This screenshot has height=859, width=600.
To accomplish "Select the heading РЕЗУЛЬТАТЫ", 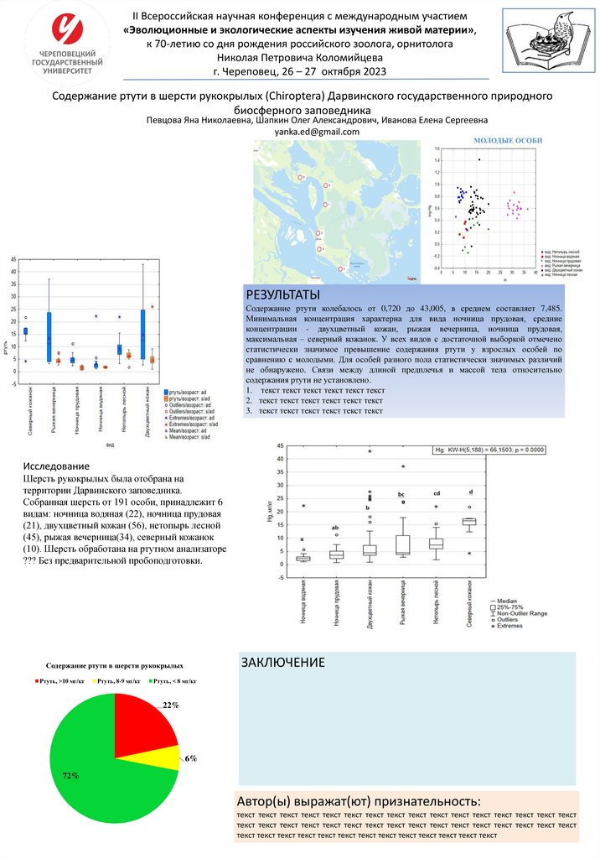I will [x=282, y=295].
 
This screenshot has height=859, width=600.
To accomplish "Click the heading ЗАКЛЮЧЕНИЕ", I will [x=284, y=663].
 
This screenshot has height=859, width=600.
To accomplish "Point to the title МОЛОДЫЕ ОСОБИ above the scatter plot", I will [x=508, y=140].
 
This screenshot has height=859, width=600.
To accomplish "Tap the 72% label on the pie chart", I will [x=71, y=775].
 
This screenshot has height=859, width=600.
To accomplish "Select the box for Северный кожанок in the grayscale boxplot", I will [x=469, y=521].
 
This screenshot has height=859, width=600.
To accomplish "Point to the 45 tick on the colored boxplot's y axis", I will [x=13, y=260].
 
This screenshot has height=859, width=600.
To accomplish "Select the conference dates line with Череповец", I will [x=300, y=70].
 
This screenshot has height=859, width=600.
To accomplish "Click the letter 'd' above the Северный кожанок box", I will [x=470, y=492].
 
